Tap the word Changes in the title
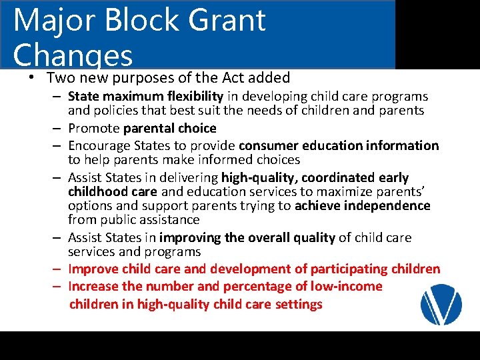click(x=73, y=55)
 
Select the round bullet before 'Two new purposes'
click(x=31, y=77)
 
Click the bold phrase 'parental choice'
click(x=179, y=128)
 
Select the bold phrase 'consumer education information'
click(x=339, y=145)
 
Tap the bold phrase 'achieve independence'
click(x=363, y=205)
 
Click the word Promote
click(x=94, y=128)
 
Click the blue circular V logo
click(x=441, y=303)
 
